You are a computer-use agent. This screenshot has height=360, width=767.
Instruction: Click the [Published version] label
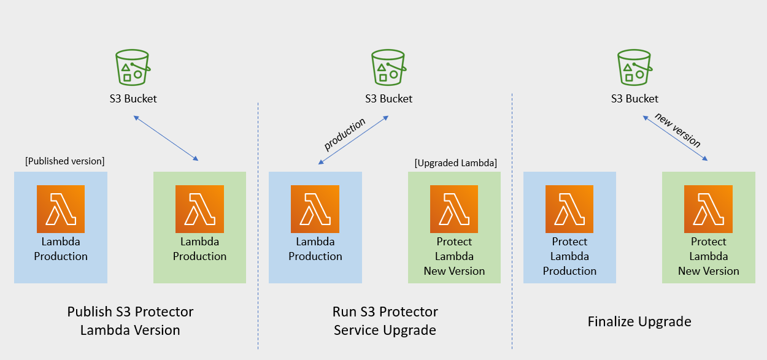click(64, 161)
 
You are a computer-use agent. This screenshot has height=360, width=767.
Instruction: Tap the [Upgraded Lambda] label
click(455, 163)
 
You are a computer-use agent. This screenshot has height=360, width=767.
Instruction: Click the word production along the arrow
click(345, 134)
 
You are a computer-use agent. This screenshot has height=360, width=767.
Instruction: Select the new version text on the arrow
click(677, 130)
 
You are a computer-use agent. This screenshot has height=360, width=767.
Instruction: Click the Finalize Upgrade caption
click(639, 321)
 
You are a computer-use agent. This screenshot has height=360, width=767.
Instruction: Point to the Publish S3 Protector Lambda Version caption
click(130, 321)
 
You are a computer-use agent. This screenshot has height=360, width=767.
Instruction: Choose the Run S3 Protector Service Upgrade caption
click(385, 321)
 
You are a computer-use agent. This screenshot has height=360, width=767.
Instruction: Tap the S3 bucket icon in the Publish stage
click(133, 67)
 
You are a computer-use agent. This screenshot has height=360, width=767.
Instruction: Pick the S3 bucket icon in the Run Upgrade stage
click(388, 67)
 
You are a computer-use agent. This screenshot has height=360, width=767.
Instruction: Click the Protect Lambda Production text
click(569, 256)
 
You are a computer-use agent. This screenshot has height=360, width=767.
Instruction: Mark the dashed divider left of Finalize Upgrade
click(512, 221)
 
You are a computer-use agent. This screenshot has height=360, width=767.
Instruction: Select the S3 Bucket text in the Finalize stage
click(634, 99)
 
